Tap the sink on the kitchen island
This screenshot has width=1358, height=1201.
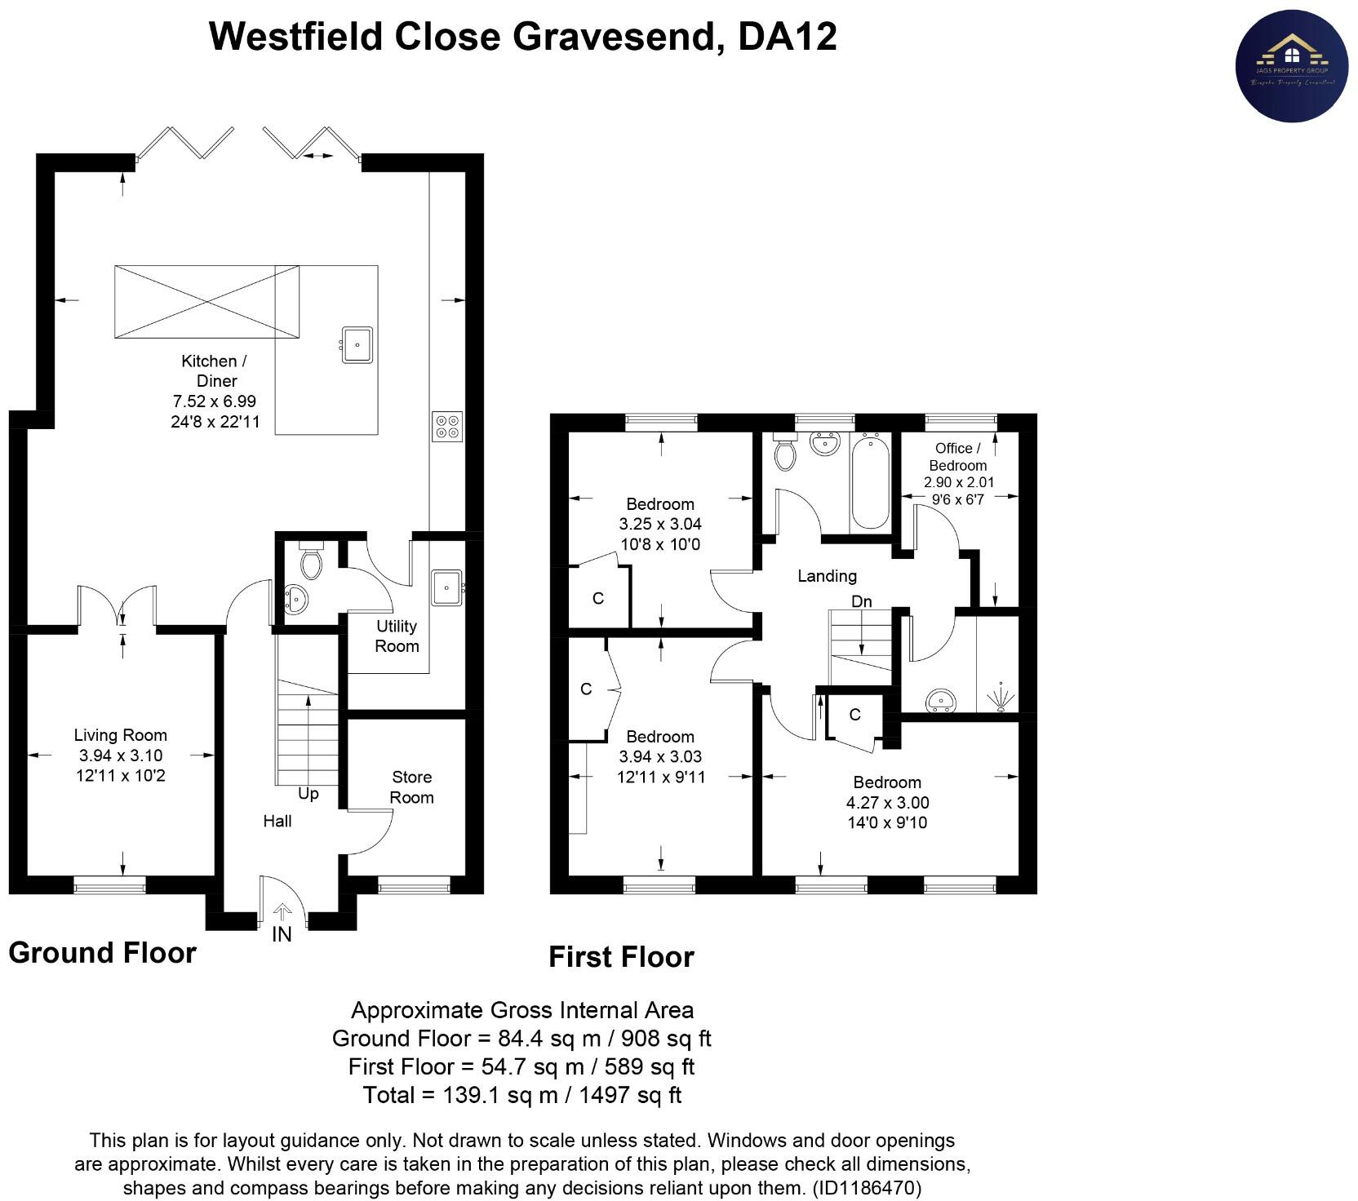click(357, 344)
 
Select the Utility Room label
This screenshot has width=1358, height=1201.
click(397, 636)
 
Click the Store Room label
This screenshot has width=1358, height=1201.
click(411, 787)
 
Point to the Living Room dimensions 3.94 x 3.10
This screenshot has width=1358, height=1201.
click(121, 756)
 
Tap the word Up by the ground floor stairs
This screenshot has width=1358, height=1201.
click(308, 794)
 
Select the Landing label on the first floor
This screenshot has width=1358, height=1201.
click(827, 576)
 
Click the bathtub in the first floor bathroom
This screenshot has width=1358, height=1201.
click(870, 483)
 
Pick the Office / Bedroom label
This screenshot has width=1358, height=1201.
click(958, 457)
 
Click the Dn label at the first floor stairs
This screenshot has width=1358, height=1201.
click(862, 601)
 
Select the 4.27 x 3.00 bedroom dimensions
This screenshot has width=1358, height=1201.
click(887, 803)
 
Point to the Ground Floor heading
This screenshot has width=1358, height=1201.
click(103, 953)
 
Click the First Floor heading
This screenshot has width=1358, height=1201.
click(621, 957)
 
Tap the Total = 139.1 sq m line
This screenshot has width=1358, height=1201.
click(522, 1095)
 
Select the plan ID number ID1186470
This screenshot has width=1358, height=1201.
click(867, 1187)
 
